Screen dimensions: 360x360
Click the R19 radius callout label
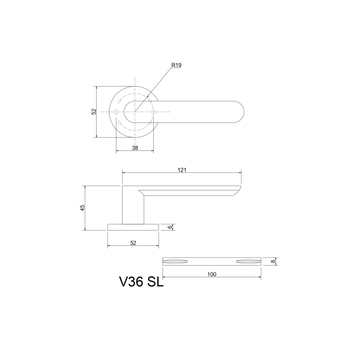[x=176, y=65]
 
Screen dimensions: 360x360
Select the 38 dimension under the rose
[x=135, y=148]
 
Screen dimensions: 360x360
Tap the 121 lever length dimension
[x=182, y=170]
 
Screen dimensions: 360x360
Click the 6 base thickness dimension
[x=170, y=227]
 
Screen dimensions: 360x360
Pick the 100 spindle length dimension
[x=212, y=274]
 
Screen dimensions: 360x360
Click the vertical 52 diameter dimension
[x=94, y=112]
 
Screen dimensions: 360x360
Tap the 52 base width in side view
[x=133, y=243]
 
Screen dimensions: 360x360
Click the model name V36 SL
[x=141, y=282]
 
